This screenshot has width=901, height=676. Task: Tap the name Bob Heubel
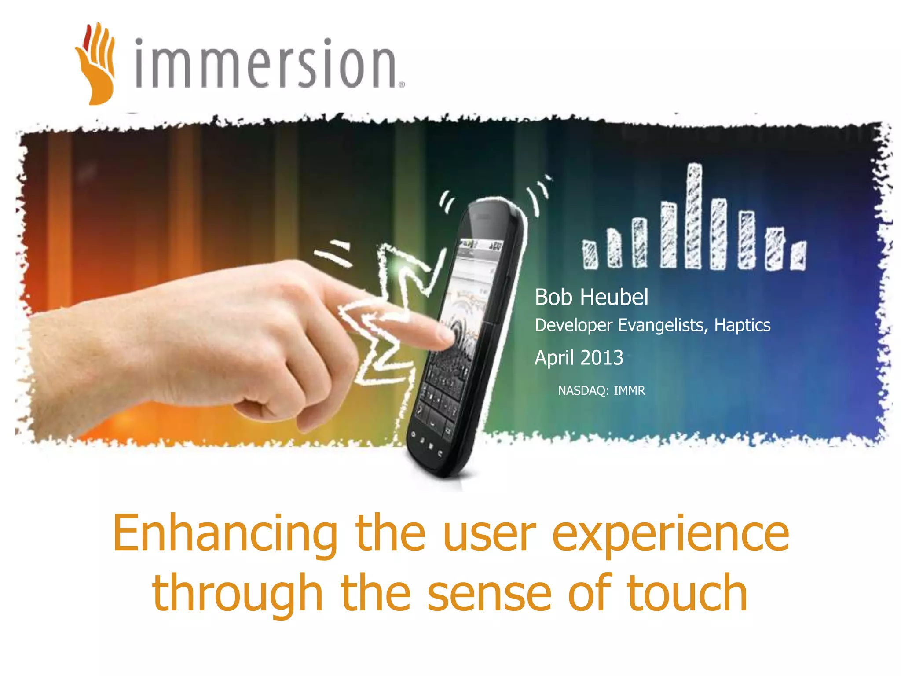591,297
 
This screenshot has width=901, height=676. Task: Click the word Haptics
742,325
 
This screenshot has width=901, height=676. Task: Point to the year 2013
601,358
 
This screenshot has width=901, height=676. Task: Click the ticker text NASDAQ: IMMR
601,390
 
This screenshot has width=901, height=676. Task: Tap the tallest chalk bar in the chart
694,216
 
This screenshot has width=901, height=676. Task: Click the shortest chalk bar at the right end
798,256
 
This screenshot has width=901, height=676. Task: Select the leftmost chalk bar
590,255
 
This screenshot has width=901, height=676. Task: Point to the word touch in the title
686,593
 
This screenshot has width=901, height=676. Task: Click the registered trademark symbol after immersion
401,85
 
